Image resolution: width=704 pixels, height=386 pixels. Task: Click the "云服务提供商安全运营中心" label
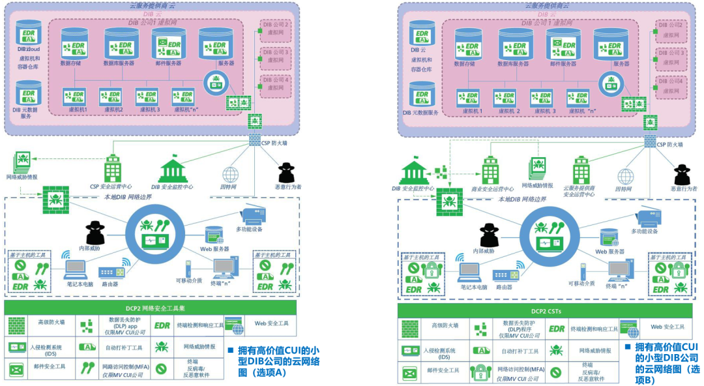pyautogui.click(x=580, y=190)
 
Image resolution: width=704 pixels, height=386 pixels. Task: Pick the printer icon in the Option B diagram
pyautogui.click(x=647, y=218)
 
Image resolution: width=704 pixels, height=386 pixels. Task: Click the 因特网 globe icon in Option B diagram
pyautogui.click(x=626, y=176)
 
